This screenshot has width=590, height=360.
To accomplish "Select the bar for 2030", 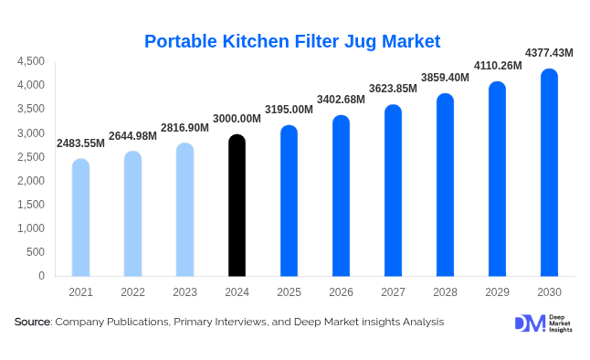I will tap(549, 173).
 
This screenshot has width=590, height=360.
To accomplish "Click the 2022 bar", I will tap(132, 214).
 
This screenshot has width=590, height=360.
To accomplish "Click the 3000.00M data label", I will tap(236, 119).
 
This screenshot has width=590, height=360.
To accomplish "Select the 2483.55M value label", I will tap(80, 143).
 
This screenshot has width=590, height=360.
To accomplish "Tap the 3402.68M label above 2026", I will tap(340, 99).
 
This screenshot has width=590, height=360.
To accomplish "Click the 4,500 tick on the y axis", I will tap(31, 61).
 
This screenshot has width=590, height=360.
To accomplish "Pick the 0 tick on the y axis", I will tap(41, 276).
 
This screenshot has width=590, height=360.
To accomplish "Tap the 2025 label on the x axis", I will tap(289, 291).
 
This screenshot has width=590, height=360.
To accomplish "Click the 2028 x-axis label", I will tap(445, 291).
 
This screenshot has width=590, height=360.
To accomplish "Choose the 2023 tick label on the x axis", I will tap(184, 291).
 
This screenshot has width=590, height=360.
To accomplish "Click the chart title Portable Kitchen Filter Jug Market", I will tap(292, 41).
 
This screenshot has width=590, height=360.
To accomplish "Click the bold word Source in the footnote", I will tap(33, 322).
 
